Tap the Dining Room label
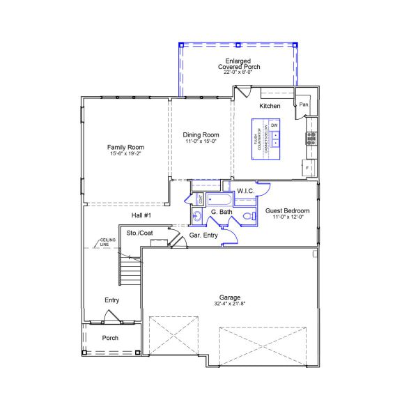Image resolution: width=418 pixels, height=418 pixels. (x=201, y=134)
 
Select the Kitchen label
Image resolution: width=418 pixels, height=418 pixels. (x=270, y=106)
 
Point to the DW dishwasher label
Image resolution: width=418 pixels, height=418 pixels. (x=274, y=125)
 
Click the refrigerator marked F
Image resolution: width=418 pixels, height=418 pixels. (x=307, y=168)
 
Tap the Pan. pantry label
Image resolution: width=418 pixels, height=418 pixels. (x=304, y=105)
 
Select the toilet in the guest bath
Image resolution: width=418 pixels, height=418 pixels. (x=249, y=218)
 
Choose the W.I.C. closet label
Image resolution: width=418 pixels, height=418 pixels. (x=245, y=190)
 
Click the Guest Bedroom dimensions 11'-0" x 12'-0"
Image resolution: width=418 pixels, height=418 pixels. (x=287, y=217)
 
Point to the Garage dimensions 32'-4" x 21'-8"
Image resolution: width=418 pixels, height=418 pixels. (x=230, y=303)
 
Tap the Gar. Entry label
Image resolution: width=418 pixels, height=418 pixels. (x=203, y=235)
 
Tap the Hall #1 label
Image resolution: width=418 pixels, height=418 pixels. (x=141, y=216)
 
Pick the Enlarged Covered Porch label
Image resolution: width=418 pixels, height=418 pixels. (x=238, y=64)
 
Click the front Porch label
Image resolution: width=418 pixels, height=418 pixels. (x=110, y=338)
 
